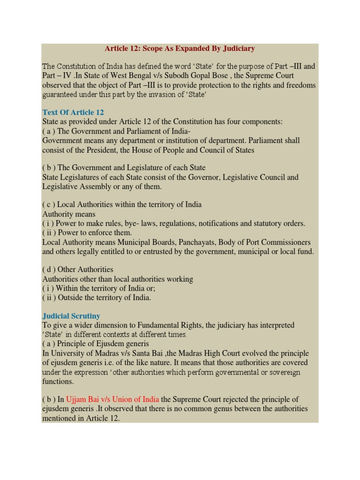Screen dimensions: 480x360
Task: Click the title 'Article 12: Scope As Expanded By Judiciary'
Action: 180,48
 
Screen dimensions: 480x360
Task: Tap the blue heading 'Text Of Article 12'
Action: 73,112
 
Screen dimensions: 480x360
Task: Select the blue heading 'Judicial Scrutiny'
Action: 71,316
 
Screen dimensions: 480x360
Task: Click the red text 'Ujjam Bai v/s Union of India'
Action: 112,399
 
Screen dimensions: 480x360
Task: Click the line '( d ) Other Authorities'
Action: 78,270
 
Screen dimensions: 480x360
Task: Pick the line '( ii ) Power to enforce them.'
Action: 87,232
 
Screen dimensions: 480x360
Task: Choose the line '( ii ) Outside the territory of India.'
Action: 97,297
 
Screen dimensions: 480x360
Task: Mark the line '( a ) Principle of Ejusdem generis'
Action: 96,344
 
